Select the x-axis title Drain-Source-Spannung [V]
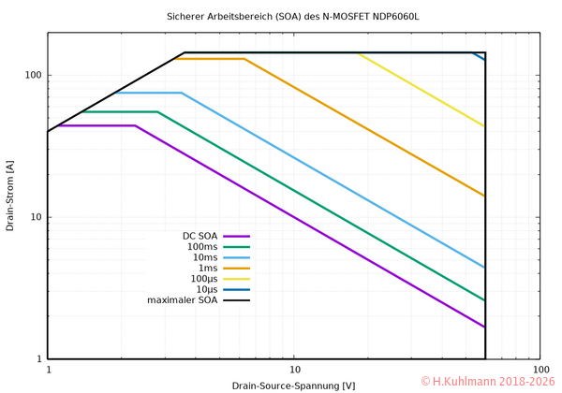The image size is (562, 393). click(293, 386)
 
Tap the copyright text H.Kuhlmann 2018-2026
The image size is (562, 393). click(487, 382)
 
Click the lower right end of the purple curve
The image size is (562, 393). click(484, 327)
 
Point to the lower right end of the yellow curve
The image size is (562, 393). click(484, 126)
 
